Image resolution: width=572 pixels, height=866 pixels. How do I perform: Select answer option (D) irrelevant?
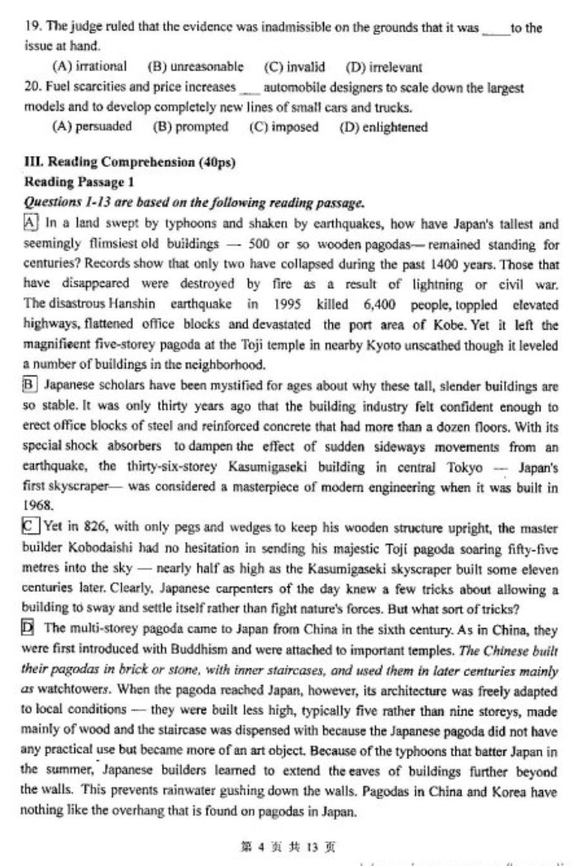click(x=384, y=67)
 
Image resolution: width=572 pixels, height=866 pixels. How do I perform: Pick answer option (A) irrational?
click(x=89, y=66)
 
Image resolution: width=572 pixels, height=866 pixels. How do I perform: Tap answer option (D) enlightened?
click(x=384, y=127)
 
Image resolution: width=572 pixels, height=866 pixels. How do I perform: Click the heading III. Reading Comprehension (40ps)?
click(x=130, y=163)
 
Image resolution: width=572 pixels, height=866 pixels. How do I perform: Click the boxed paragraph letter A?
click(x=31, y=223)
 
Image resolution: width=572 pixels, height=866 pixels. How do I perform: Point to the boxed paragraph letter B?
click(x=31, y=384)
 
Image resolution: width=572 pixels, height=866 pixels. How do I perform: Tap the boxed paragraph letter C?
click(x=31, y=526)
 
